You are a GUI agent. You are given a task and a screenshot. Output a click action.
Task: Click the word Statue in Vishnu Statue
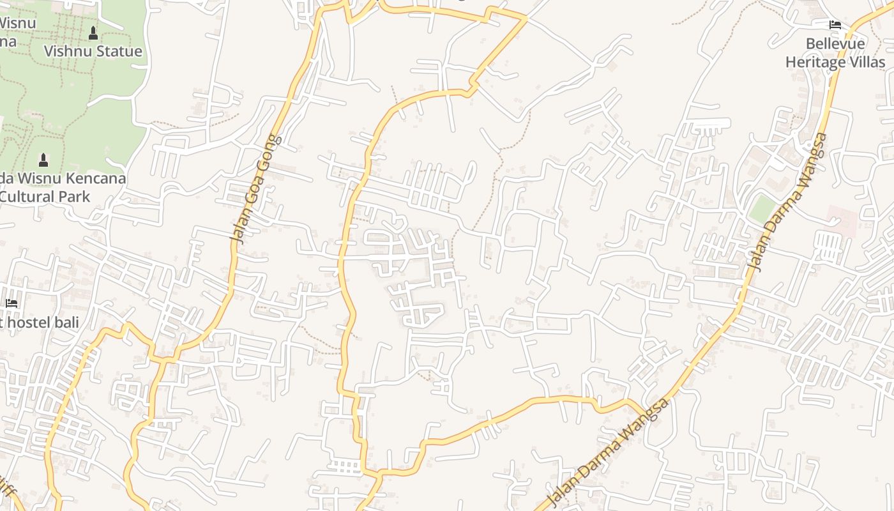coord(118,51)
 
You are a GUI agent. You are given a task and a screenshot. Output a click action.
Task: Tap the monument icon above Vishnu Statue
coord(93,33)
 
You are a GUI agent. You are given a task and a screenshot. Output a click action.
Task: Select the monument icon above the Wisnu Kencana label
coord(43,159)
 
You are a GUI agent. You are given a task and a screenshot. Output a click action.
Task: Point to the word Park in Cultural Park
coord(75,196)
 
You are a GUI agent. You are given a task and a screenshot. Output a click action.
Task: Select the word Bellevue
coord(835,44)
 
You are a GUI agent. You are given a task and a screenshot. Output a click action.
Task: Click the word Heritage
coord(815,62)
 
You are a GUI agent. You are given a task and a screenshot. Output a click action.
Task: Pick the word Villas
coord(866,62)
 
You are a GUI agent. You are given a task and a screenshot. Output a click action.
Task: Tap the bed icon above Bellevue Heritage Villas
coord(835,26)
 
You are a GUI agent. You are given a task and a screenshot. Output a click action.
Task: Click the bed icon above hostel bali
coord(11,303)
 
